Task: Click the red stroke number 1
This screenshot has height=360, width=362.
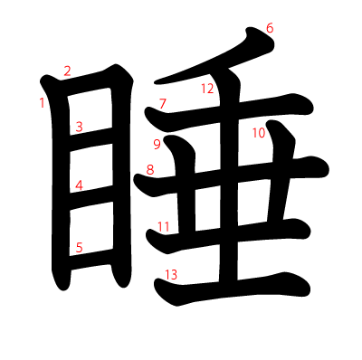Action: coord(42,103)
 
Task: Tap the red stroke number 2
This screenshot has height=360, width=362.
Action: coord(67,71)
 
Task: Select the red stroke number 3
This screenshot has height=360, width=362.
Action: coord(79,127)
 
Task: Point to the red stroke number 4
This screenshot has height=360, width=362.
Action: coord(79,185)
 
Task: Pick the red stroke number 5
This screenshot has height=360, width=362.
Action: coord(79,248)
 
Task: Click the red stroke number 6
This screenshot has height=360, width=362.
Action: coord(270,28)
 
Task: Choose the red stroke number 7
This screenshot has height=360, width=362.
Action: coord(163,103)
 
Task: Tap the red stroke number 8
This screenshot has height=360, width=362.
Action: coord(150,170)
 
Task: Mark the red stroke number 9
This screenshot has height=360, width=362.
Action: coord(157,145)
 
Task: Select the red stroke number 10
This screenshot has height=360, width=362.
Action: coord(259,133)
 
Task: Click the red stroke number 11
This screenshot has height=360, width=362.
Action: coord(164,226)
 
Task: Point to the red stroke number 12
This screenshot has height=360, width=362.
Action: coord(207,89)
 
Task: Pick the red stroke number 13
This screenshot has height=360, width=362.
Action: coord(171,275)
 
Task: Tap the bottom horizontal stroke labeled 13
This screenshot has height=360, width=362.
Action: coord(233,288)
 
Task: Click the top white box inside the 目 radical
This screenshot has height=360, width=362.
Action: coord(90,111)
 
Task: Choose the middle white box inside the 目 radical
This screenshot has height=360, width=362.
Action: coord(91,168)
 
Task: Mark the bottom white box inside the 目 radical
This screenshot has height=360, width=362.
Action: coord(91,229)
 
